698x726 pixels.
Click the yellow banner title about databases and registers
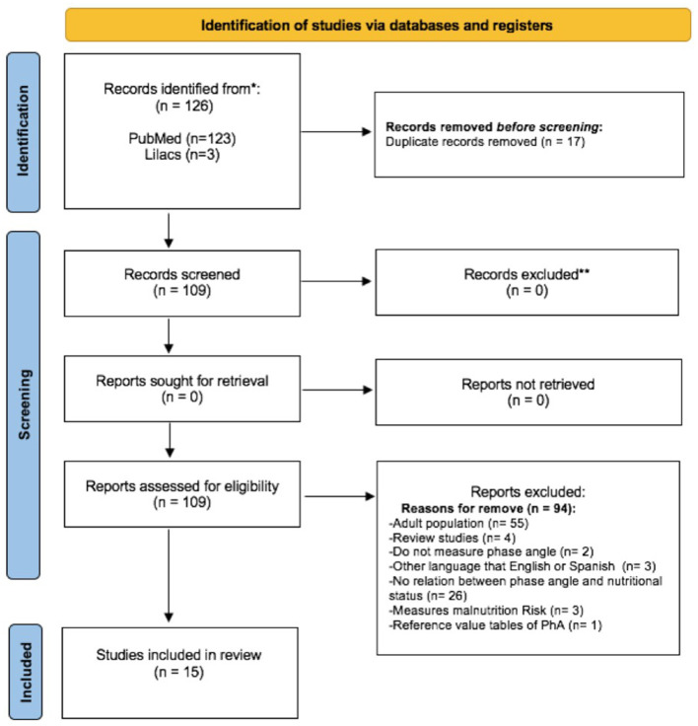point(377,25)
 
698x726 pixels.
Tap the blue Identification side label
point(23,132)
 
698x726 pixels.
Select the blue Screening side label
point(23,405)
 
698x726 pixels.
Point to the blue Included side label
point(26,672)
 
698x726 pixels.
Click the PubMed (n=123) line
point(182,138)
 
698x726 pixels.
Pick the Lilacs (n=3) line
point(182,155)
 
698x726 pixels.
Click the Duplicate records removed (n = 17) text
point(485,142)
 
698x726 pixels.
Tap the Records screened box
point(182,283)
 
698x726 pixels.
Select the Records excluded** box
point(526,282)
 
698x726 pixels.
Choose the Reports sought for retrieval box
point(182,389)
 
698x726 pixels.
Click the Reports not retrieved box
point(528,393)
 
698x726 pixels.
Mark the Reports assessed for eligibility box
point(182,494)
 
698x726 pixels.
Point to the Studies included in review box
point(179,673)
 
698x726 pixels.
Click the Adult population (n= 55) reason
point(458,523)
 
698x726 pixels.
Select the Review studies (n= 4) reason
point(453,538)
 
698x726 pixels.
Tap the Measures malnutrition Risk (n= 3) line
point(486,611)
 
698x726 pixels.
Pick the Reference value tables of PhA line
point(495,625)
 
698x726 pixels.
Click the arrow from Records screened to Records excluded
point(336,281)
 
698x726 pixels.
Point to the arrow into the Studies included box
point(169,575)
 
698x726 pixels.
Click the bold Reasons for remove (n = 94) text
point(488,508)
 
